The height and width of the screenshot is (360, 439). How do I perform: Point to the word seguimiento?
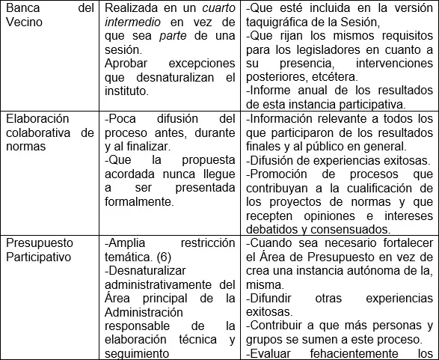pos(139,353)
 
